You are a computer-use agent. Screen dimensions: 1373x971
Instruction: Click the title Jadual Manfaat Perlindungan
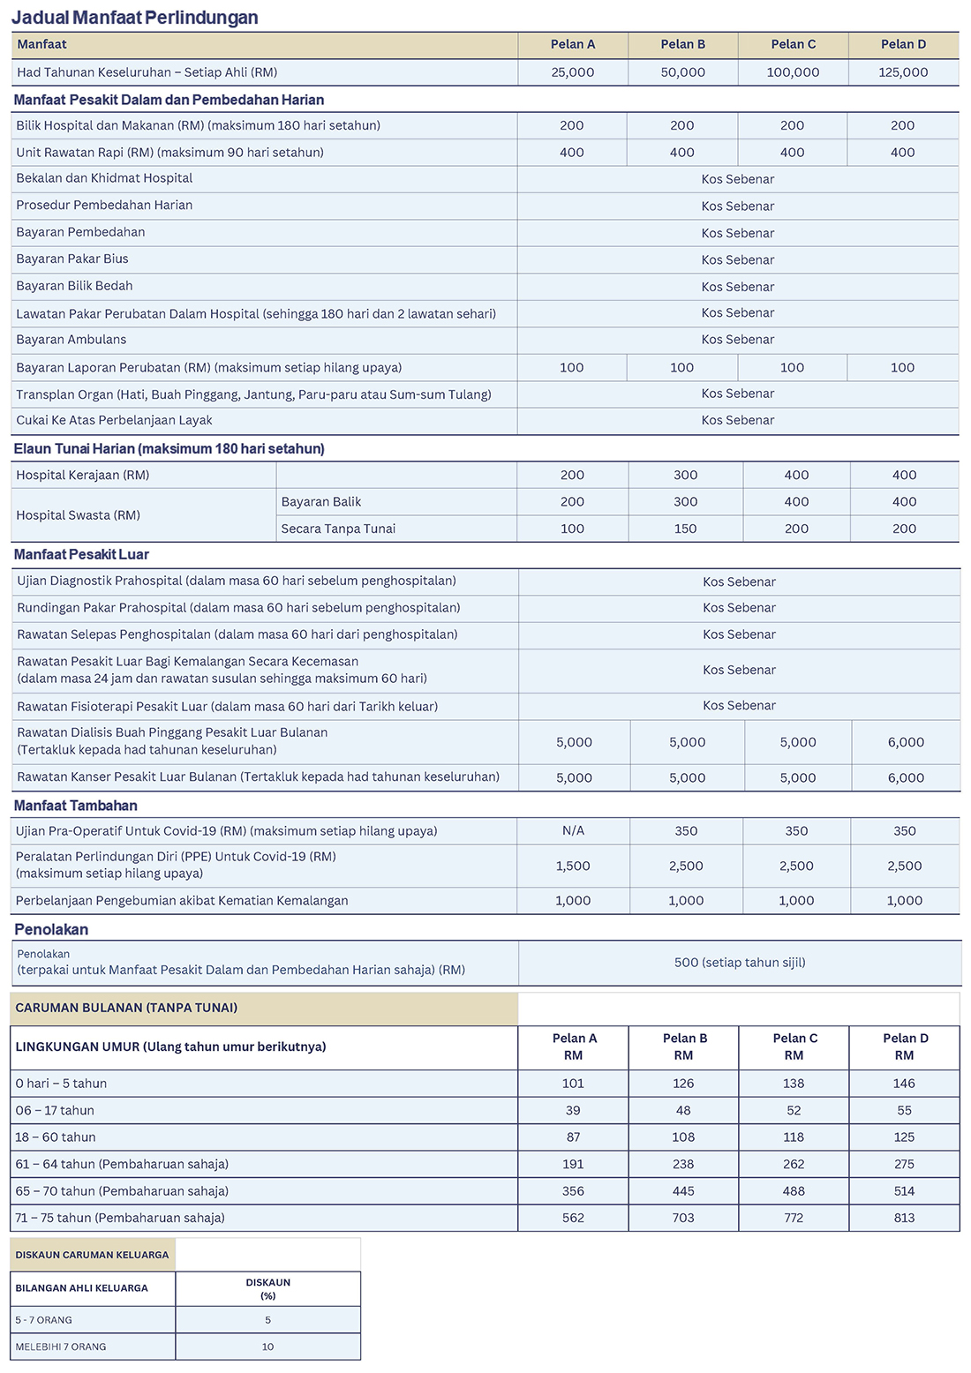point(135,18)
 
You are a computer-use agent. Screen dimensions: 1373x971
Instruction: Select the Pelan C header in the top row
point(793,44)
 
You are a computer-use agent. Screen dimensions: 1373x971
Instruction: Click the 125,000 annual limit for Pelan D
point(903,72)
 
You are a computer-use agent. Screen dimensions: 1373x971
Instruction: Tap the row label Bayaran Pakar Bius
point(72,259)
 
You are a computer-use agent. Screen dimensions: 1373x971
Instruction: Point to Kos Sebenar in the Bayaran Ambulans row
point(738,340)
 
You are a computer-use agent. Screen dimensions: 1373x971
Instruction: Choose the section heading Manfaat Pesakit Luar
point(81,554)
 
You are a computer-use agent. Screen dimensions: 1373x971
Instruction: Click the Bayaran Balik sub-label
point(321,501)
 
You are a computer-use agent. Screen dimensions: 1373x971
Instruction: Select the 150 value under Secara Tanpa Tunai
point(685,529)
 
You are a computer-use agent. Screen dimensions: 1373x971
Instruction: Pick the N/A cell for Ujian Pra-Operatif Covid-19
point(573,830)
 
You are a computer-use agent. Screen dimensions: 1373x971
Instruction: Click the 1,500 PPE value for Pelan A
point(573,866)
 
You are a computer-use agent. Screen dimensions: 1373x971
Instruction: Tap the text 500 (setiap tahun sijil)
point(740,963)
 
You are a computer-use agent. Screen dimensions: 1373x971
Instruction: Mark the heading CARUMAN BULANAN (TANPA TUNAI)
point(126,1008)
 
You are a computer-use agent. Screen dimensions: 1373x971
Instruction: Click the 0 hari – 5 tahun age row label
point(61,1084)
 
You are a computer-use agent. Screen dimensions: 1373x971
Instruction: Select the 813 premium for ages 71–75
point(904,1218)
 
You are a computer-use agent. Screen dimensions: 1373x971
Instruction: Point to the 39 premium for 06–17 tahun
point(573,1110)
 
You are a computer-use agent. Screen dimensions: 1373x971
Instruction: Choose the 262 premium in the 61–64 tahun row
point(794,1164)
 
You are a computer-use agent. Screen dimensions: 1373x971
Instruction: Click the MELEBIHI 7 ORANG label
point(61,1347)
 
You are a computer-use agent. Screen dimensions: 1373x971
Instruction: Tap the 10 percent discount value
point(267,1347)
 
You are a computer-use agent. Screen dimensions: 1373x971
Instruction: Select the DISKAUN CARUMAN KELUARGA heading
point(92,1254)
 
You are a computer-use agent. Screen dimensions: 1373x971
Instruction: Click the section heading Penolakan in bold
point(51,929)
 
